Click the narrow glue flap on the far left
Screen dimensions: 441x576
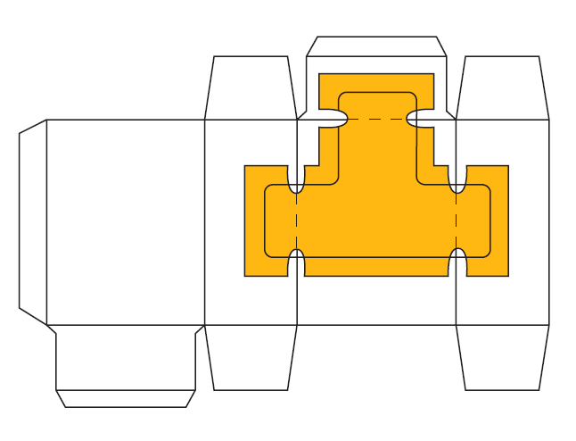coord(33,221)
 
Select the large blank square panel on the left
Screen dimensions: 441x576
coord(125,221)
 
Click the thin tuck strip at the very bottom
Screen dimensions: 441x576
coord(126,398)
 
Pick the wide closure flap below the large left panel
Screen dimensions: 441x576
coord(126,357)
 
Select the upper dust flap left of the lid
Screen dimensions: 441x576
coord(251,87)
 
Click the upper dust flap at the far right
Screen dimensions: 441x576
coord(502,87)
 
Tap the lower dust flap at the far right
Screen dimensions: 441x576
coord(502,357)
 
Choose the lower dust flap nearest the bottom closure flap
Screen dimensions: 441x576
coord(251,357)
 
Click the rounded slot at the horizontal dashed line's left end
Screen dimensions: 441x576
coord(331,118)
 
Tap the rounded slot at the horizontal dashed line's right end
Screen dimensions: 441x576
coord(422,118)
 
